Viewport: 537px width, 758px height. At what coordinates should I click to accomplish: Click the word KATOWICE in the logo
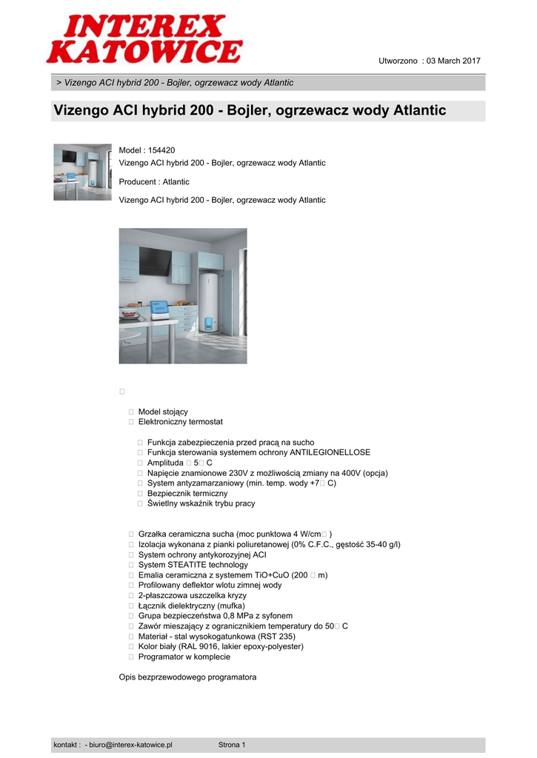[144, 52]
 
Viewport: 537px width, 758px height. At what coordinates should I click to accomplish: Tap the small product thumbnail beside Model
[82, 172]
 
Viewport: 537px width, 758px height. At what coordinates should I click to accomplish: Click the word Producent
[138, 182]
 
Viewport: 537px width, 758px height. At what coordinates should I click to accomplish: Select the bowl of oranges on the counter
[130, 314]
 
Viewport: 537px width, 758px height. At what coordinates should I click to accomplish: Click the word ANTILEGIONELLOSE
[330, 452]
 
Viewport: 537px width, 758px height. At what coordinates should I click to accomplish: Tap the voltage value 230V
[228, 473]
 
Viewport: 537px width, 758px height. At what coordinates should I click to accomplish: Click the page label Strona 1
[232, 745]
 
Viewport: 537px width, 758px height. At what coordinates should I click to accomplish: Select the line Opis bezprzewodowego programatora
[187, 677]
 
